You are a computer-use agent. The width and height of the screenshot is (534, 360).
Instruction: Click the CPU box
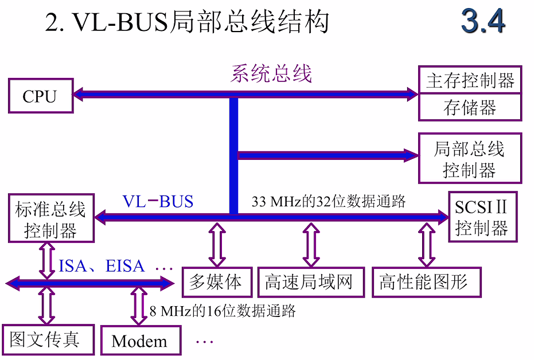[x=40, y=95]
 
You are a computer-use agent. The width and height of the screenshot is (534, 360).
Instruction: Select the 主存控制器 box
[x=470, y=80]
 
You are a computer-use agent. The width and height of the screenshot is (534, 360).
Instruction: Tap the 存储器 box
[x=470, y=107]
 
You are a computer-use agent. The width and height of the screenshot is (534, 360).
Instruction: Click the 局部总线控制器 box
[x=470, y=158]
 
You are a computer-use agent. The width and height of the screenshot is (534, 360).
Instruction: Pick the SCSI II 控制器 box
[x=482, y=217]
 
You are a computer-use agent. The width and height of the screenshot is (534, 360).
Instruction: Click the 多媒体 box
[x=216, y=282]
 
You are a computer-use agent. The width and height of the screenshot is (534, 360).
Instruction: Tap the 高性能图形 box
[x=425, y=282]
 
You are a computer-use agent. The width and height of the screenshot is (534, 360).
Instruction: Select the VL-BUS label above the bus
[x=158, y=201]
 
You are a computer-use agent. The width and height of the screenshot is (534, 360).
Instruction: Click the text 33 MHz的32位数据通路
[x=329, y=201]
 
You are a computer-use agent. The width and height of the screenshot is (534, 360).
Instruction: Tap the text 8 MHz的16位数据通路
[x=223, y=311]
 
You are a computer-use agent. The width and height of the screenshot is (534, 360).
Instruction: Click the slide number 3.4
[x=483, y=22]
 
